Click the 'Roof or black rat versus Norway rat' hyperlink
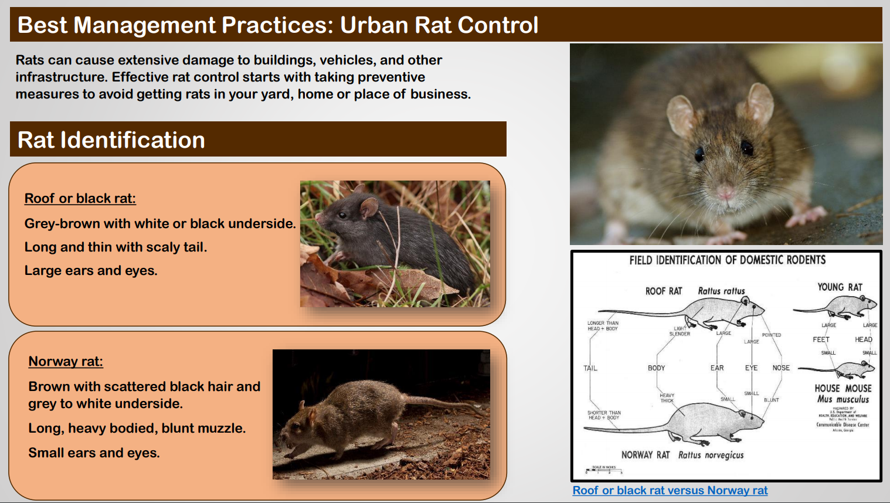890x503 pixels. tap(670, 491)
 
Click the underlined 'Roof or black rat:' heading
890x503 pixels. tap(80, 199)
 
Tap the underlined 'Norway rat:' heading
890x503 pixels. tap(66, 362)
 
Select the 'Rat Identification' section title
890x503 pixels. tap(111, 140)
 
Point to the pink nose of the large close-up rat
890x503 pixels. tap(726, 192)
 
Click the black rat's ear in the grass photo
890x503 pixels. tap(369, 206)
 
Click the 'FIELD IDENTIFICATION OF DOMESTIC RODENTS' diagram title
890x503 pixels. tap(727, 260)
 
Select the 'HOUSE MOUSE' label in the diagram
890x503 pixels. tap(843, 388)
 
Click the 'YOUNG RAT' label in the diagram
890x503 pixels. tap(840, 287)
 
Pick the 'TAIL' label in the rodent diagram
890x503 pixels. tap(590, 368)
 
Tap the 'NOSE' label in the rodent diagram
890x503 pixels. tap(781, 368)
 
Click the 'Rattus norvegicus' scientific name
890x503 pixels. tap(711, 455)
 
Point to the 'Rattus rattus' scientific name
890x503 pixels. tap(721, 291)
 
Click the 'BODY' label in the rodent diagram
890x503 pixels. tap(656, 368)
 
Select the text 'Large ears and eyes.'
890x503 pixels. tap(91, 271)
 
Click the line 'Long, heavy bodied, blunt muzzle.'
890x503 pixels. tap(137, 429)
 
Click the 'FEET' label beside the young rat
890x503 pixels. tap(821, 339)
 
